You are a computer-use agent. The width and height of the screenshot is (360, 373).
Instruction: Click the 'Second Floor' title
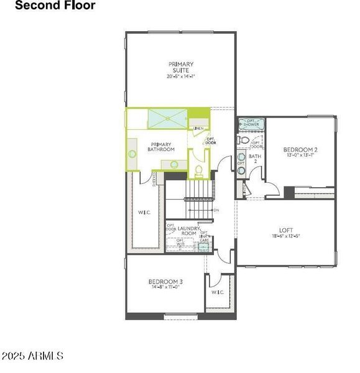pos(55,6)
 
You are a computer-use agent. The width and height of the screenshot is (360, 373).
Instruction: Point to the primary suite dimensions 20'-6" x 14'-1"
pos(181,76)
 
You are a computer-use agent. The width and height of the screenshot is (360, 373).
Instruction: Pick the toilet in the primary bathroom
pos(199,170)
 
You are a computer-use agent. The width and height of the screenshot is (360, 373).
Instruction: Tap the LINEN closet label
pos(198,129)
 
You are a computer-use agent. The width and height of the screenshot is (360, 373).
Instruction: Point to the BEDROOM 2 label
pos(301,150)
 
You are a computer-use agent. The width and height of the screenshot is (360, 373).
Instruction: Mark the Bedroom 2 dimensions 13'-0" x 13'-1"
pos(301,156)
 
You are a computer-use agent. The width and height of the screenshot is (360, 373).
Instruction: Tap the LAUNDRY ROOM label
pos(188,231)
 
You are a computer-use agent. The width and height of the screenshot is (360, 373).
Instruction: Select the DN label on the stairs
pos(216,210)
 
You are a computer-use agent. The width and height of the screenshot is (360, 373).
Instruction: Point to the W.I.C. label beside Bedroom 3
pos(217,292)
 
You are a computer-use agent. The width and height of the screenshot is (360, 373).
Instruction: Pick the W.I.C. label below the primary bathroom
pos(144,213)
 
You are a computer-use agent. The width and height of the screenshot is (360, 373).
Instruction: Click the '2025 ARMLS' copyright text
pos(32,356)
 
